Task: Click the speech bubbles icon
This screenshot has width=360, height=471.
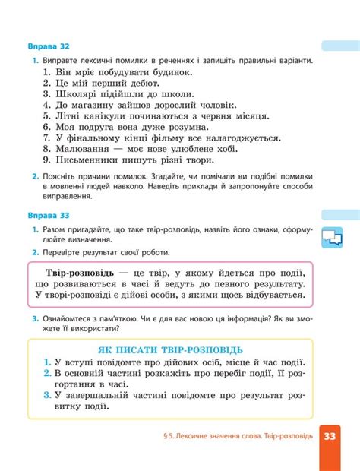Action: tap(333, 238)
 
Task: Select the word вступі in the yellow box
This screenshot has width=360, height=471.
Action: tap(82, 362)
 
